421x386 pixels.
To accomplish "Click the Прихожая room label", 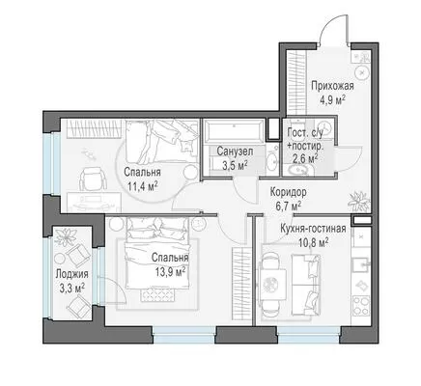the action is [x=332, y=87].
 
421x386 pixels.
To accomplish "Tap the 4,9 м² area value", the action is [x=332, y=100].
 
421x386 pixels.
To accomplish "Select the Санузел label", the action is [x=235, y=152].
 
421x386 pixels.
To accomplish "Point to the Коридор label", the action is [x=288, y=192].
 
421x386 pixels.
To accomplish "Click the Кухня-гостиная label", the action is [x=313, y=229].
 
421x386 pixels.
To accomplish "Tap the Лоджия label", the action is [x=71, y=274].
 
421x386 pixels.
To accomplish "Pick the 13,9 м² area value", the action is [x=170, y=272].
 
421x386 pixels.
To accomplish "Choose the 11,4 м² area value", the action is [x=142, y=186].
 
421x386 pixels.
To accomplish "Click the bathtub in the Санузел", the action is [x=235, y=131].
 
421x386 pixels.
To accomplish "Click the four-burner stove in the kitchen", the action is [x=361, y=305].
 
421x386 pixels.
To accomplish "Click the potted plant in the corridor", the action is [x=358, y=200].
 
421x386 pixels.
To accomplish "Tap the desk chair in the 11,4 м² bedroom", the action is [x=93, y=179].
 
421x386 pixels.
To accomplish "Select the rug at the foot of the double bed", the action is [x=157, y=294].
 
